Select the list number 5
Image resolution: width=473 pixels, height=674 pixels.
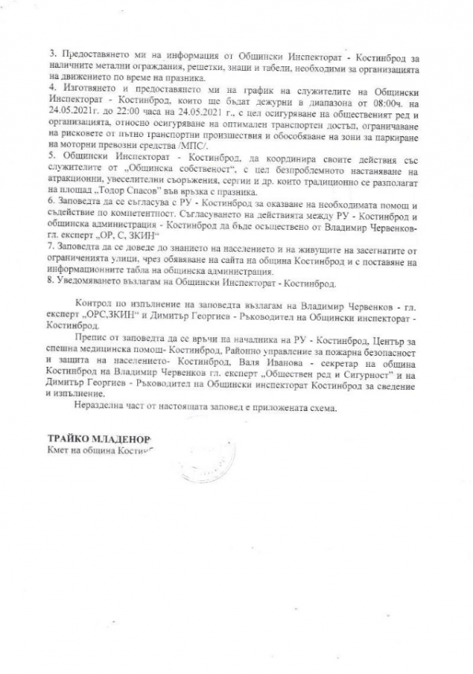point(50,157)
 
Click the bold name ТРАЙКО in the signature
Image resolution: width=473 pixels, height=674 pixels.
point(69,436)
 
